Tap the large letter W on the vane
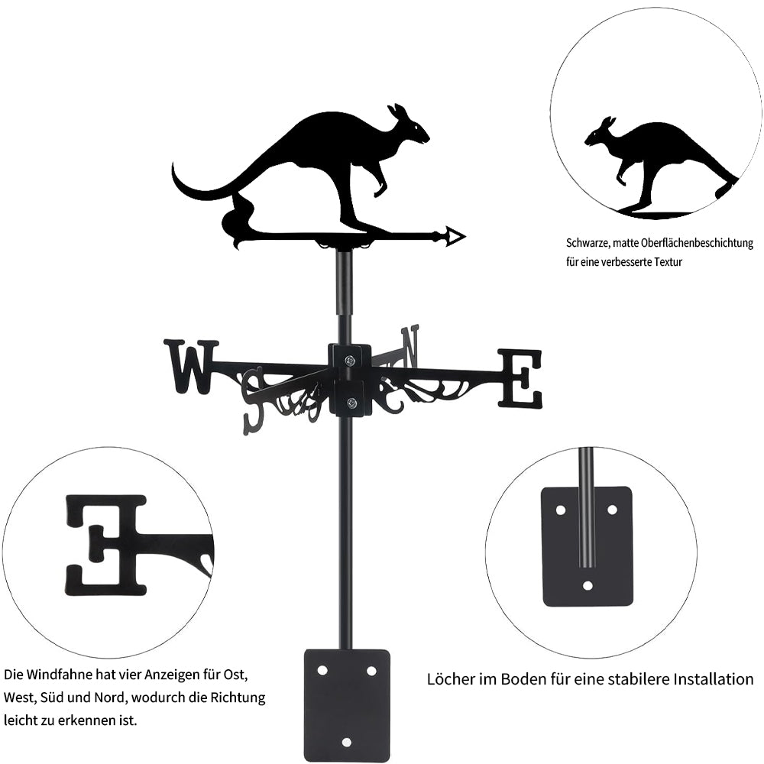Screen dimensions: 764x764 coord(191,367)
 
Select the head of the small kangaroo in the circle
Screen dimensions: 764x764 coord(600,136)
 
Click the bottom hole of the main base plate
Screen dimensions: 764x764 coord(347,742)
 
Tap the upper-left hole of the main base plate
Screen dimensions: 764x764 coord(322,670)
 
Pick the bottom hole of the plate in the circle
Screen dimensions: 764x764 coord(587,586)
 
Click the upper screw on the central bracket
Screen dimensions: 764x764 coord(350,361)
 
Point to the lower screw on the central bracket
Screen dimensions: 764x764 coord(351,403)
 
